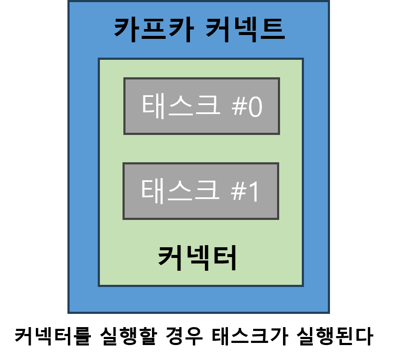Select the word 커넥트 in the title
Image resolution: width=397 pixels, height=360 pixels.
[x=245, y=29]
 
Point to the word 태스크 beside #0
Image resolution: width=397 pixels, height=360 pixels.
[x=181, y=105]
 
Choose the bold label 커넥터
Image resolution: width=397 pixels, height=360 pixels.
[x=198, y=258]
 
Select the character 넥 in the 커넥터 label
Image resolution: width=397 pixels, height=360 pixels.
[x=198, y=258]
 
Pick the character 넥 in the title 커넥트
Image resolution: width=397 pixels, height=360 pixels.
[x=244, y=29]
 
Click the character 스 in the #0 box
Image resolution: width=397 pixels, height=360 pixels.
[x=181, y=106]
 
